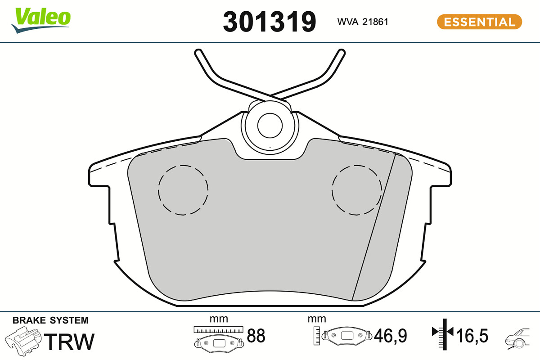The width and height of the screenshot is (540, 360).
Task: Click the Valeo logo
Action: pos(41,20)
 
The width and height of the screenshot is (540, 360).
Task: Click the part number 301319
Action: pos(269,22)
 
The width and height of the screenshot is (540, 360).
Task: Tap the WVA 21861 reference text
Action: pos(363,22)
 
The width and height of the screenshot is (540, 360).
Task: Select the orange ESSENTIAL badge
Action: pos(479,22)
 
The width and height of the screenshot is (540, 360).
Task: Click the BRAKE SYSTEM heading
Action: pos(50,320)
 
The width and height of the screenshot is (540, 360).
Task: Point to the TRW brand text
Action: pos(69,342)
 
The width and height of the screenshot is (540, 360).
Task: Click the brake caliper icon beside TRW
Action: pos(23,342)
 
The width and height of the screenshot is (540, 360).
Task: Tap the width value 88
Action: pos(256,336)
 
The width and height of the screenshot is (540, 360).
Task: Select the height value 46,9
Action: pos(390,336)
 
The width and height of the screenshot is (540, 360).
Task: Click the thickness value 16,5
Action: pos(472,336)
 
